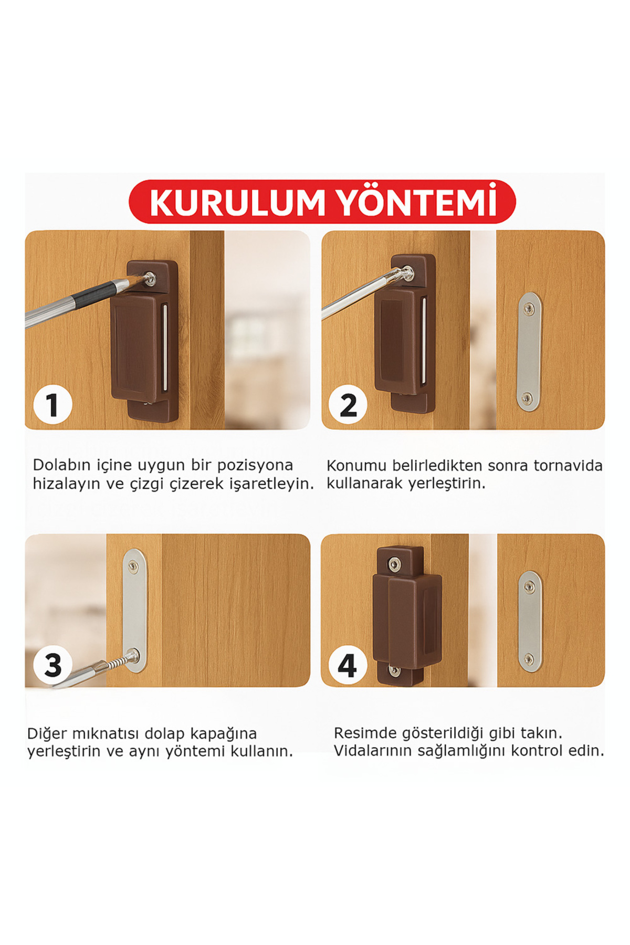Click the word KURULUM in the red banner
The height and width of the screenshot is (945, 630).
coord(237,203)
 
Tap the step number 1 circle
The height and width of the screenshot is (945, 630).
coord(52,405)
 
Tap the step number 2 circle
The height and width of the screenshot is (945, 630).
coord(348,405)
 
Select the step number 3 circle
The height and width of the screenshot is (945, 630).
coord(52,665)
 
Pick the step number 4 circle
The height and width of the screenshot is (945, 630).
coord(348,665)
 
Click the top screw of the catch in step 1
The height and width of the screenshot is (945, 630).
coord(150,278)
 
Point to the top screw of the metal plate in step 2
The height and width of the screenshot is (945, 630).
coord(529,306)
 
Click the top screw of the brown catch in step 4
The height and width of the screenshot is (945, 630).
coord(394,563)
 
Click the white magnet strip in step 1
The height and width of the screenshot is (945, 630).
coord(165,346)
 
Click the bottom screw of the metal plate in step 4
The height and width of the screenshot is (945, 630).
coord(529,659)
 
